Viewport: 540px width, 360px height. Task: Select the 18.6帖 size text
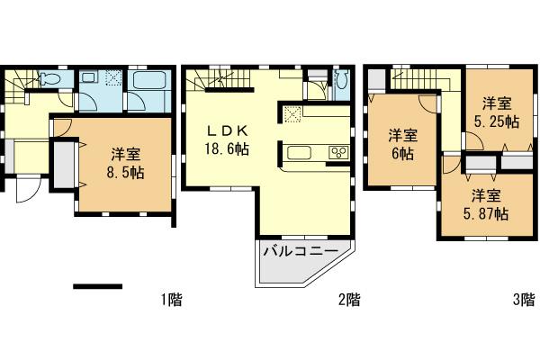point(225,149)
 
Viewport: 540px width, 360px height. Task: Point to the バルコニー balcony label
point(300,251)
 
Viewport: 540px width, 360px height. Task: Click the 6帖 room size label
point(401,154)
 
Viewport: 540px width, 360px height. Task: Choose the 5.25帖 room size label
point(496,121)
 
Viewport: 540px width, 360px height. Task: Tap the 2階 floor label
point(349,300)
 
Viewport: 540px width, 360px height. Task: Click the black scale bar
point(97,287)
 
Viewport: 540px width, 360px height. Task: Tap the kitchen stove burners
point(339,151)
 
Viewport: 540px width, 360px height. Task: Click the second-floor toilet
point(340,84)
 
